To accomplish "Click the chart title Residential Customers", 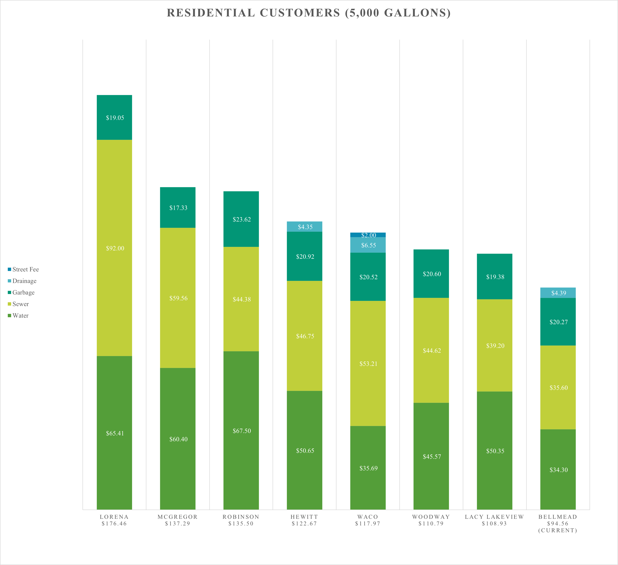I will (309, 13).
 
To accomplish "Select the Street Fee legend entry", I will (23, 269).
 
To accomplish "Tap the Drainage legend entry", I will (22, 281).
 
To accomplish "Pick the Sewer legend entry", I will (18, 304).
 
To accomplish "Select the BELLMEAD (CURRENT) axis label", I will (558, 524).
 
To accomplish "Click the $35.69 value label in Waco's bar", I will (369, 468).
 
